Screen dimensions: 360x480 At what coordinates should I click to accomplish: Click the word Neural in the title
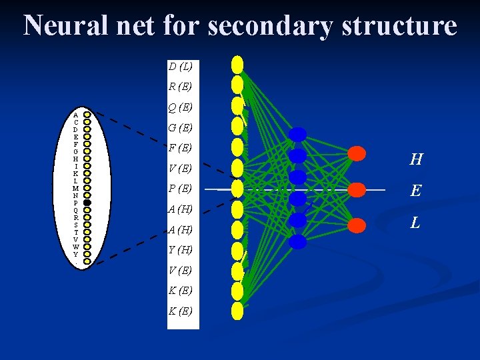(64, 26)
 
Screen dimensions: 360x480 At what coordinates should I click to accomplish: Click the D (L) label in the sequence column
(180, 66)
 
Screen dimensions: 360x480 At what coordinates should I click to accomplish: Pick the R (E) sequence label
(180, 86)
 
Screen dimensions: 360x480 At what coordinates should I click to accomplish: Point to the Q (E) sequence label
(180, 107)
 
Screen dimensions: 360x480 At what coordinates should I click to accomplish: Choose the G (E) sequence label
(180, 127)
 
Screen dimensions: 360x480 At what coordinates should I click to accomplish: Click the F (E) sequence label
(180, 147)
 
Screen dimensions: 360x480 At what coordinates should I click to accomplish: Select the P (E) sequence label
(180, 189)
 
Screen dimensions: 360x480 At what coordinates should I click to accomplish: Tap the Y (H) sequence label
(180, 250)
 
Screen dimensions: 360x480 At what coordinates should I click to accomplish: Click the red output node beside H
(357, 154)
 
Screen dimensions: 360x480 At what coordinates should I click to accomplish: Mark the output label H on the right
(416, 159)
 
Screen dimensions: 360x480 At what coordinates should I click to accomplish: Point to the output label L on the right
(415, 223)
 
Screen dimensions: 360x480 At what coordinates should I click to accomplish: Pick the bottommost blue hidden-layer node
(297, 241)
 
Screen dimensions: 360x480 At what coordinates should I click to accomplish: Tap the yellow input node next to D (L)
(237, 64)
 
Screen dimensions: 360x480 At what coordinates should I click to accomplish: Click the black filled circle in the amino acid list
(87, 203)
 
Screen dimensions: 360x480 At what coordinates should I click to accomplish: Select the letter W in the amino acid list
(76, 247)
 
